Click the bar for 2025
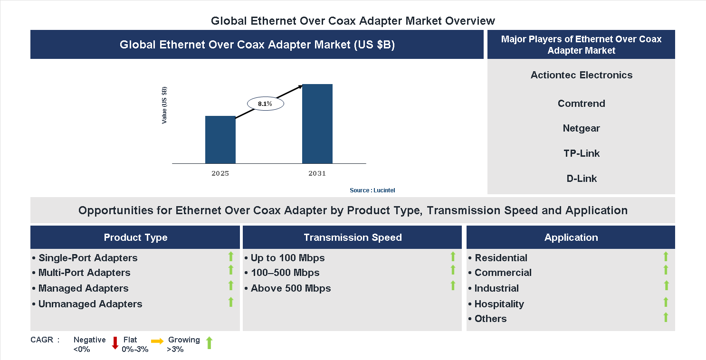click(220, 140)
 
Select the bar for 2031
click(317, 124)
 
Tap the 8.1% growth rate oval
click(265, 104)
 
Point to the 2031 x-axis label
click(317, 173)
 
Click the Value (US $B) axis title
click(164, 105)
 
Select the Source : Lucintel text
click(372, 190)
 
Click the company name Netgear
click(581, 128)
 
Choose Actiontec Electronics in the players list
click(581, 75)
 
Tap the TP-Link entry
click(581, 153)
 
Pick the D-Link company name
click(581, 179)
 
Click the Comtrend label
click(581, 104)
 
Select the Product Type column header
click(135, 237)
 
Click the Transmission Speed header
click(353, 237)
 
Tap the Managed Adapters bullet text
click(83, 288)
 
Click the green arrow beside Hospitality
click(666, 302)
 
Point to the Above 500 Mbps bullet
click(290, 288)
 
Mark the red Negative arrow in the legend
click(115, 342)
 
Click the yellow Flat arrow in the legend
click(157, 341)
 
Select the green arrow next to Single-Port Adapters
click(231, 256)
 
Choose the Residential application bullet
click(501, 258)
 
